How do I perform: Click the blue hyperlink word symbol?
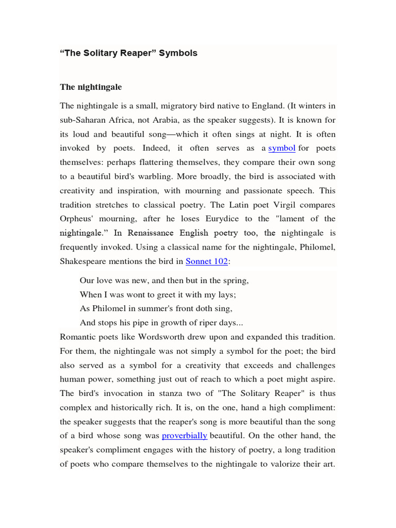coord(282,148)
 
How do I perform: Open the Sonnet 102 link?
coord(206,261)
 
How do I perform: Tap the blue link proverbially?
coord(184,436)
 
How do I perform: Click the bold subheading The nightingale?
coord(91,87)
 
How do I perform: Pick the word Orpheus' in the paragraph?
coord(76,219)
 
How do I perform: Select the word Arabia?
coord(193,120)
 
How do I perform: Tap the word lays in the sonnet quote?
coord(225,295)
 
